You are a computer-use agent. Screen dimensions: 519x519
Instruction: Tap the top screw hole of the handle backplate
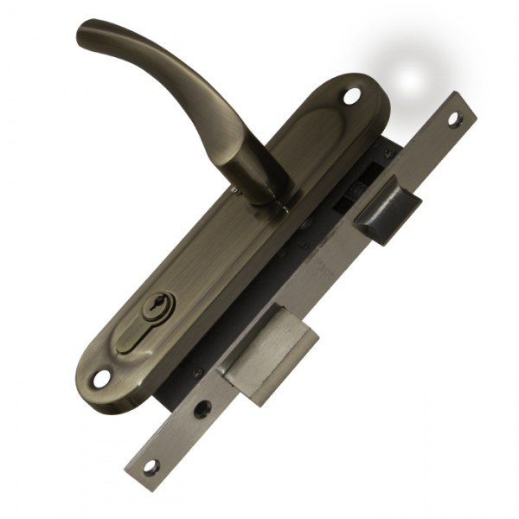coord(350,96)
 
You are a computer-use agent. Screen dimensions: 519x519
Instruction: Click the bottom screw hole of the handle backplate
coord(102,378)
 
